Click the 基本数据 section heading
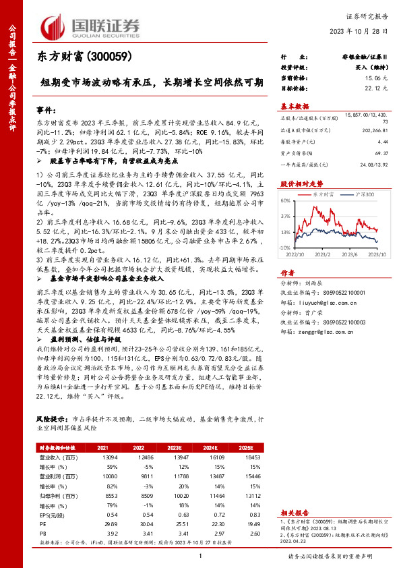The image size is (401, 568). [295, 107]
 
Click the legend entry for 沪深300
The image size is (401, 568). [361, 194]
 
